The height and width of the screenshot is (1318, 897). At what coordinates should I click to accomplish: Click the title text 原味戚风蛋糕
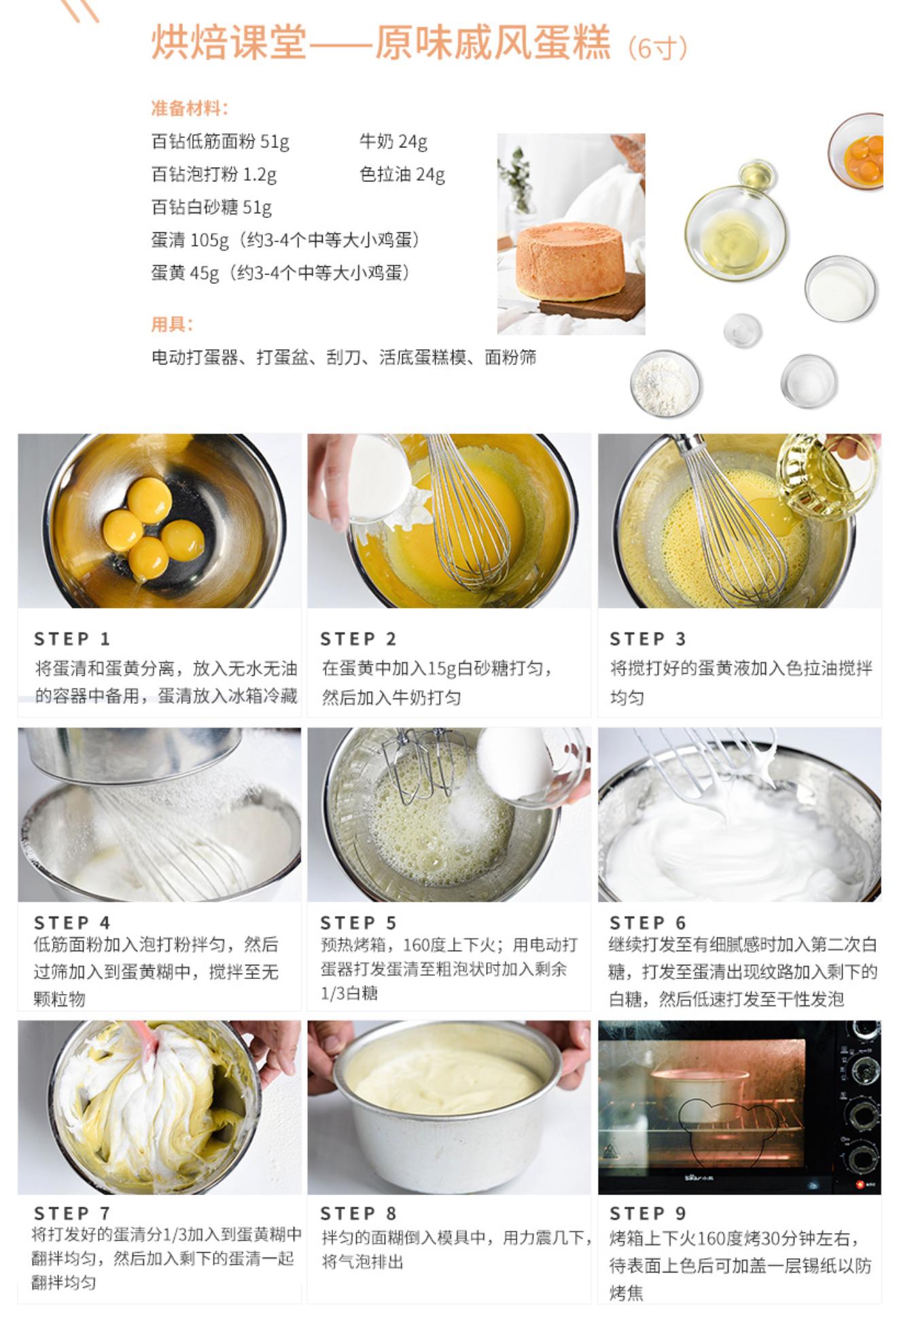click(x=493, y=43)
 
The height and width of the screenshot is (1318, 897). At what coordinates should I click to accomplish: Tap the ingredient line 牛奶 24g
click(x=393, y=141)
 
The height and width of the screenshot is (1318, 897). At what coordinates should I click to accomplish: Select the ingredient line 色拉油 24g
click(x=402, y=175)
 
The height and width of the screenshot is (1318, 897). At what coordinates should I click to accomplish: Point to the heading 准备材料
click(x=190, y=108)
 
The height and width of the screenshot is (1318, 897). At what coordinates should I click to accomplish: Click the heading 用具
click(x=171, y=324)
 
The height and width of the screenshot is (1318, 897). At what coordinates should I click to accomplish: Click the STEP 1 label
click(x=72, y=639)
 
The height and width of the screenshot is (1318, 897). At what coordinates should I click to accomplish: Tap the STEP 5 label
click(x=358, y=923)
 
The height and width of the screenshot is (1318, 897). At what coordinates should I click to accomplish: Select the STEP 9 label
click(x=648, y=1213)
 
